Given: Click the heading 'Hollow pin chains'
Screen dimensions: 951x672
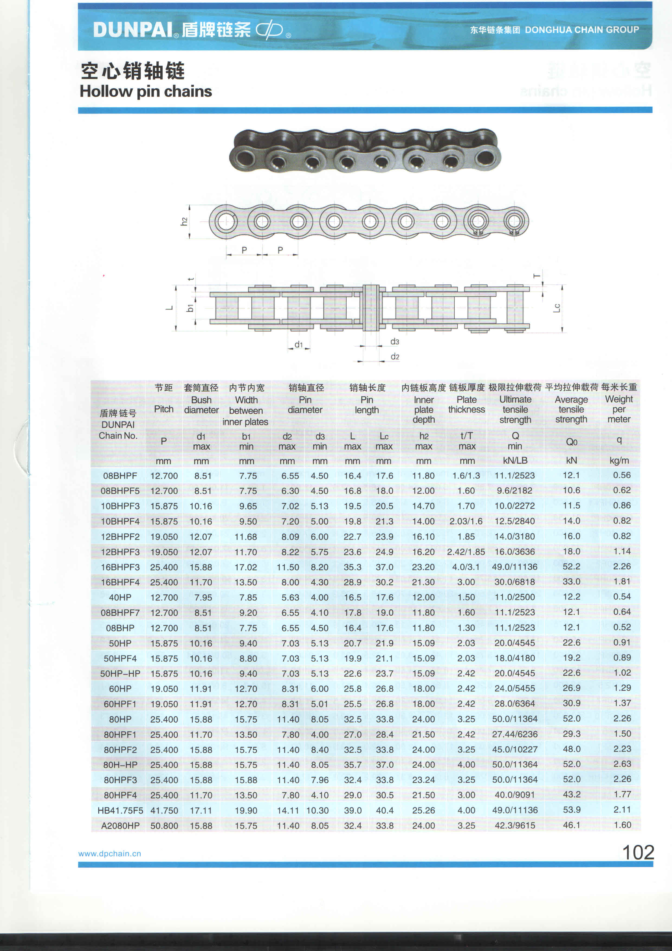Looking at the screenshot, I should [146, 91].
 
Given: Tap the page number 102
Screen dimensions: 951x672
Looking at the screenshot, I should [638, 853].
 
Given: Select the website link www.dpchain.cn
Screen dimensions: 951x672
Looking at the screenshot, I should [110, 854].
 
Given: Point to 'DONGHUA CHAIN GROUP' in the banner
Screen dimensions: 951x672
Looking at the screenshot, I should [581, 30].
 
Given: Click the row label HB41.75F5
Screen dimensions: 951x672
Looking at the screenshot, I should [120, 810].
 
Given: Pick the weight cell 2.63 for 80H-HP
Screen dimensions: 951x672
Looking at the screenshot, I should [622, 764].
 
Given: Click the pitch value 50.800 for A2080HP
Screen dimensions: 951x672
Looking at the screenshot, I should [164, 825].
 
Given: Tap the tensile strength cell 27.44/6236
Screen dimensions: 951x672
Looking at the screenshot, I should [515, 734].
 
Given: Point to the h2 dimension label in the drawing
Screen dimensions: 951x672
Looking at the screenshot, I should [184, 222].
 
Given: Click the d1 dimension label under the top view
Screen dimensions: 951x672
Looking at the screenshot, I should [298, 344].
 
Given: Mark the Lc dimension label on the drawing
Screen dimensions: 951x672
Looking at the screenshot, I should [557, 308].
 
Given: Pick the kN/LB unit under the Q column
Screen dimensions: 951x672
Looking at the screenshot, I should [515, 461].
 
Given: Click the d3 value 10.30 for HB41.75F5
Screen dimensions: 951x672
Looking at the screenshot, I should [317, 810].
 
